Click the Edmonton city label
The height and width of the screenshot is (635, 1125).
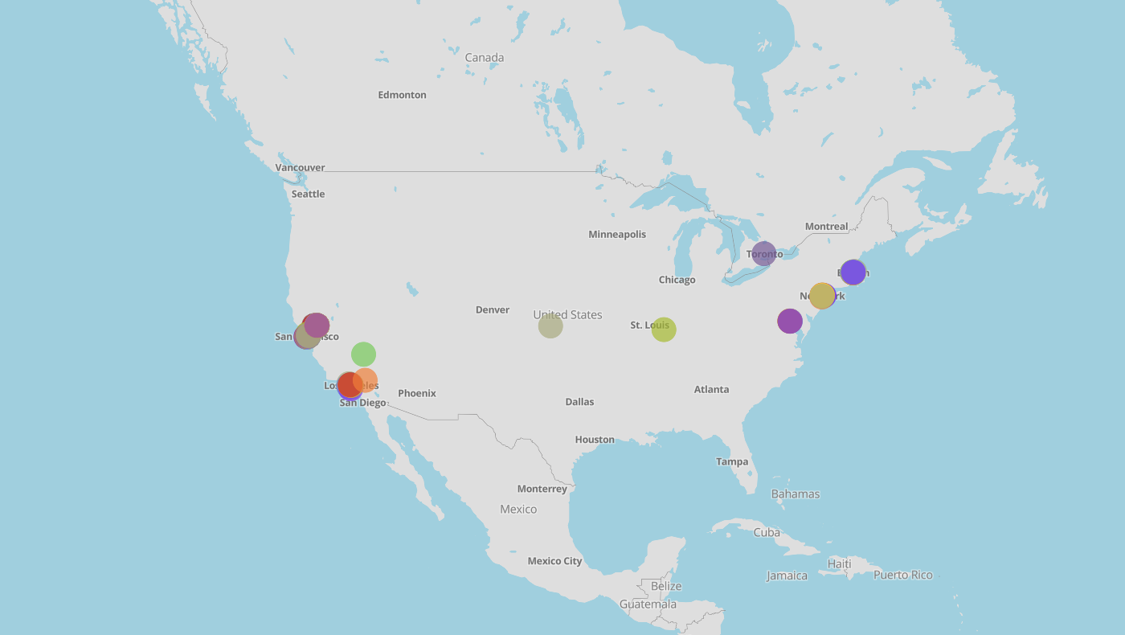pos(402,95)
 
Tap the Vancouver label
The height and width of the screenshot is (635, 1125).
pos(300,168)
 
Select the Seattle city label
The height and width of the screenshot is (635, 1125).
pos(308,194)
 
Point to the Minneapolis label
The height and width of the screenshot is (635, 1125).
pos(617,235)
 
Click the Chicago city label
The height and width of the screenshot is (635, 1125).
pos(677,280)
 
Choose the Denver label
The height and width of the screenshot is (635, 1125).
pos(492,310)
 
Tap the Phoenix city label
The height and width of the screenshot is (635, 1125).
pos(416,393)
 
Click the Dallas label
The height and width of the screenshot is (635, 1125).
pos(579,402)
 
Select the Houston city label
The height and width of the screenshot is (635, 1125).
pos(595,440)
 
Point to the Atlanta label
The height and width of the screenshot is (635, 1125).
pos(711,390)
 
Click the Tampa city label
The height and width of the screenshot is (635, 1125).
pos(732,461)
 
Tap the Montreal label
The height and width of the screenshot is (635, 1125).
pos(826,227)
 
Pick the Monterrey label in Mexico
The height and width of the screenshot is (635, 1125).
pos(542,489)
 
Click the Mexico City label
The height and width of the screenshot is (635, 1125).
pos(554,561)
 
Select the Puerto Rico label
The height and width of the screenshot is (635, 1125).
pos(902,575)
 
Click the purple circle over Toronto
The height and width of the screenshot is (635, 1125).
pos(763,254)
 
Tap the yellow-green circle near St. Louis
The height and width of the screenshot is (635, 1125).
pos(663,329)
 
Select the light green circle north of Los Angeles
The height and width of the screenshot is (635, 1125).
pos(363,354)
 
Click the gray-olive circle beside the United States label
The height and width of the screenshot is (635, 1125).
pos(550,326)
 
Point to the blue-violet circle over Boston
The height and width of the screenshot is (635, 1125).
pos(853,272)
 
